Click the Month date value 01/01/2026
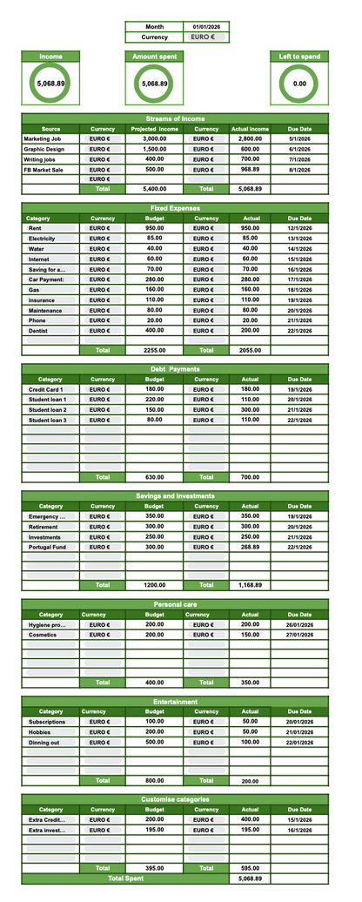pyautogui.click(x=206, y=27)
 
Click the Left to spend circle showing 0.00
pyautogui.click(x=299, y=84)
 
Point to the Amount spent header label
pyautogui.click(x=154, y=57)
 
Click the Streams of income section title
pyautogui.click(x=175, y=118)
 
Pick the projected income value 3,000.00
pyautogui.click(x=154, y=138)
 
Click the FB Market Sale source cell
pyautogui.click(x=44, y=170)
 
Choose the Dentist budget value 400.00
pyautogui.click(x=154, y=331)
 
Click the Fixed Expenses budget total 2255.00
pyautogui.click(x=154, y=350)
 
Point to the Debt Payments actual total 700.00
pyautogui.click(x=250, y=477)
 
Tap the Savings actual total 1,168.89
pyautogui.click(x=250, y=585)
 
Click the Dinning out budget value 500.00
pyautogui.click(x=154, y=743)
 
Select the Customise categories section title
pyautogui.click(x=175, y=798)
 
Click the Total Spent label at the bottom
pyautogui.click(x=125, y=879)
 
